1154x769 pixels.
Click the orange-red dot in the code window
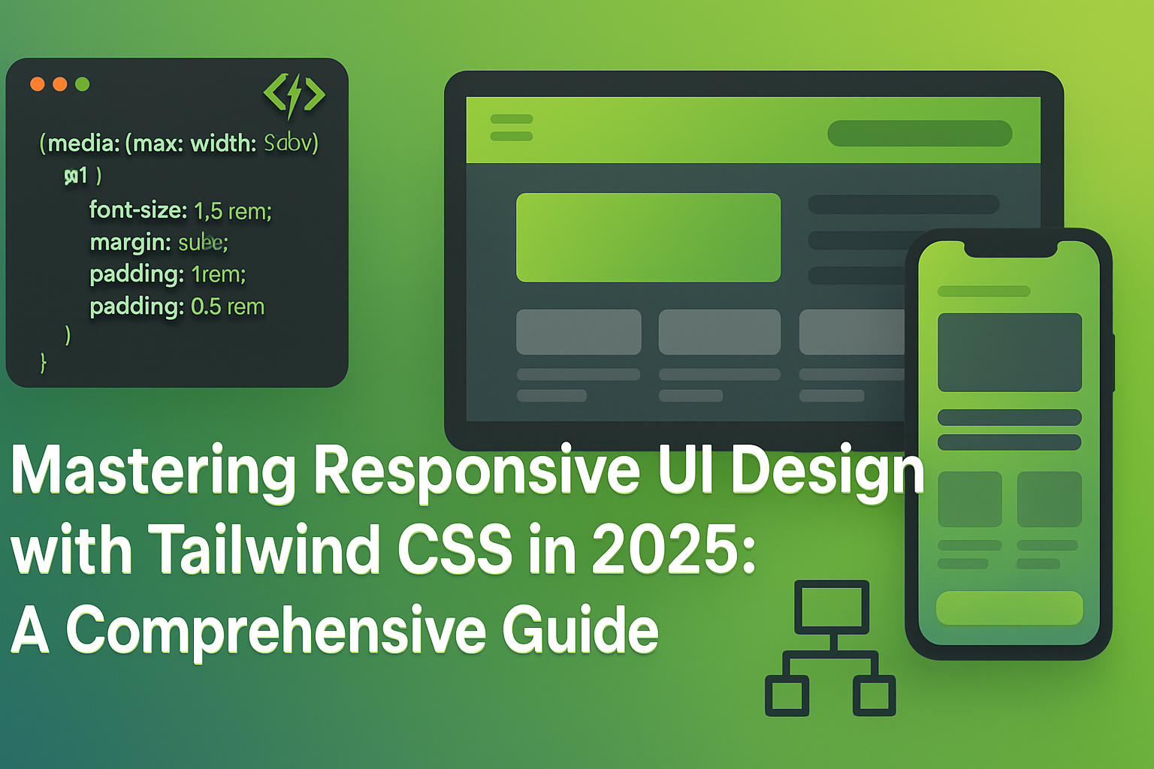(x=37, y=84)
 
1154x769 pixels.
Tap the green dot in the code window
(x=83, y=84)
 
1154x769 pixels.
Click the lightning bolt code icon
(x=294, y=95)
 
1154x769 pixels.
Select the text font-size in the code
(x=137, y=210)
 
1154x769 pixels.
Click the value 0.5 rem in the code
(x=228, y=306)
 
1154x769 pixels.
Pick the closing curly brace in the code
(x=44, y=363)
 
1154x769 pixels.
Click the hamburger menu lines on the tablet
(x=511, y=128)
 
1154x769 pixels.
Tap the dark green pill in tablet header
(x=920, y=134)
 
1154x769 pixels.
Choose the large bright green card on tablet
(x=648, y=237)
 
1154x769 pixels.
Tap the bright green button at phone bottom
(x=1009, y=608)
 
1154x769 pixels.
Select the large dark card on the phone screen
(x=1009, y=352)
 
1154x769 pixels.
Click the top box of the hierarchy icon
(x=832, y=607)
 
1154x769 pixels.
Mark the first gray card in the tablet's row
(x=579, y=332)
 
